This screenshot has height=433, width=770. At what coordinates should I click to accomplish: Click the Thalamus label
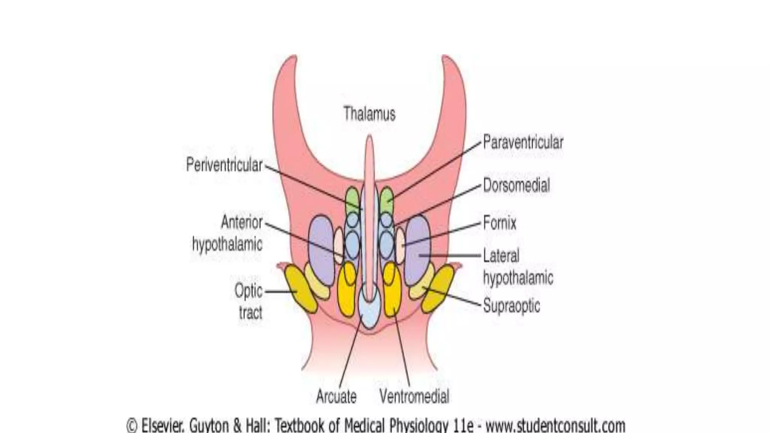point(370,114)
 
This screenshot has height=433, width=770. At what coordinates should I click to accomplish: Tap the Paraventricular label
point(523,142)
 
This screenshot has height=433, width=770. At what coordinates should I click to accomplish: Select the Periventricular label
point(224,165)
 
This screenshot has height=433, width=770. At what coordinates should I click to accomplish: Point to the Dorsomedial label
point(516,185)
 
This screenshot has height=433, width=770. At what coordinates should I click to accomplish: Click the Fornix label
point(500,223)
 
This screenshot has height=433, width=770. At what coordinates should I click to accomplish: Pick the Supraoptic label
point(511,306)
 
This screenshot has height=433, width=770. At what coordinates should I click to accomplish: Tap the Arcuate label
point(336,397)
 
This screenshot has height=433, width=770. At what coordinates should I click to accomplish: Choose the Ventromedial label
point(414,397)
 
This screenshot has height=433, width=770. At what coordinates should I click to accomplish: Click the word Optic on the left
point(249,291)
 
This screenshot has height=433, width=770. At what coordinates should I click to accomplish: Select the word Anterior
point(242,222)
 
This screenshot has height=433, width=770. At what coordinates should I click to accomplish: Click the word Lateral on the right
point(501,256)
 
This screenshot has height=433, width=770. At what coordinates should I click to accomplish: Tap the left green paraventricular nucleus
point(352,199)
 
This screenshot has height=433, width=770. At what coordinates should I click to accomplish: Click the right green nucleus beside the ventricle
point(387,199)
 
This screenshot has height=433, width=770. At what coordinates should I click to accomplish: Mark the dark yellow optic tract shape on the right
point(438,288)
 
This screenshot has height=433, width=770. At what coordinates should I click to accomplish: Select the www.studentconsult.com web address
point(555,426)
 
